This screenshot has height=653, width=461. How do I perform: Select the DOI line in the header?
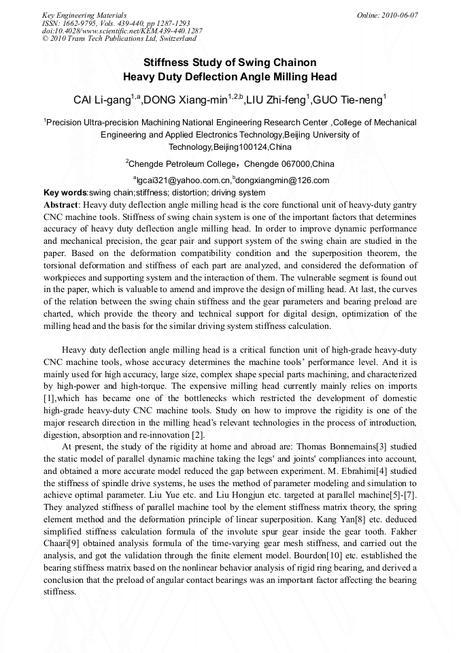[x=122, y=31]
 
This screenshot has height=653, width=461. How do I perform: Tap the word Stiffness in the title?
[x=167, y=63]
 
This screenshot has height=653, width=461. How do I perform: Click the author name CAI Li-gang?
[x=102, y=101]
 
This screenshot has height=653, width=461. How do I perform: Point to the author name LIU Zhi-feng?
[x=275, y=101]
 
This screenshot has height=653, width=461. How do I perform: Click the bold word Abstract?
[x=61, y=204]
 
